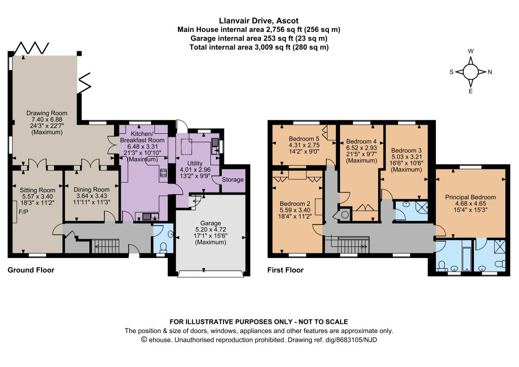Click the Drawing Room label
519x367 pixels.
(47, 113)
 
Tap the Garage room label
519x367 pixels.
(210, 224)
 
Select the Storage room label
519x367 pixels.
(233, 179)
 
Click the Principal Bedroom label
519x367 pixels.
(470, 197)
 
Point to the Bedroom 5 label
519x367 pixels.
(304, 139)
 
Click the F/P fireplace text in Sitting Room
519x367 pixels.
(23, 212)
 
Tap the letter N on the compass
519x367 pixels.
(490, 72)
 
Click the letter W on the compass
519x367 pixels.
(471, 51)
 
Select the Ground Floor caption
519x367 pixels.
(31, 270)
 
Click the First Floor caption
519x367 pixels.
(285, 270)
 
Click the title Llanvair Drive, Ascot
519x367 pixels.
(259, 21)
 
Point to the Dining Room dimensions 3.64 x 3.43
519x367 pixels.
(92, 196)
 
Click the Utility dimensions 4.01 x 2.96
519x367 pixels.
(195, 170)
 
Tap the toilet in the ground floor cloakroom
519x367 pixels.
(163, 247)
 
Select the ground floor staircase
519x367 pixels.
(105, 246)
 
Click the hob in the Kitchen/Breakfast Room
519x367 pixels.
(164, 172)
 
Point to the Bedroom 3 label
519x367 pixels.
(406, 151)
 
